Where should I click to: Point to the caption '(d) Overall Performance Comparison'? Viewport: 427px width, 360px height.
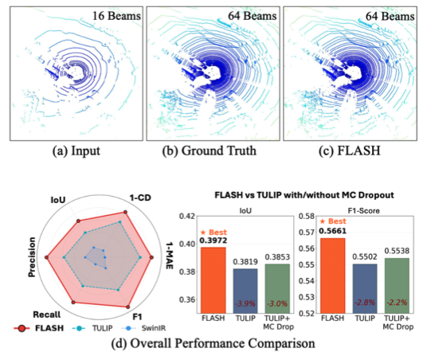point(213,344)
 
